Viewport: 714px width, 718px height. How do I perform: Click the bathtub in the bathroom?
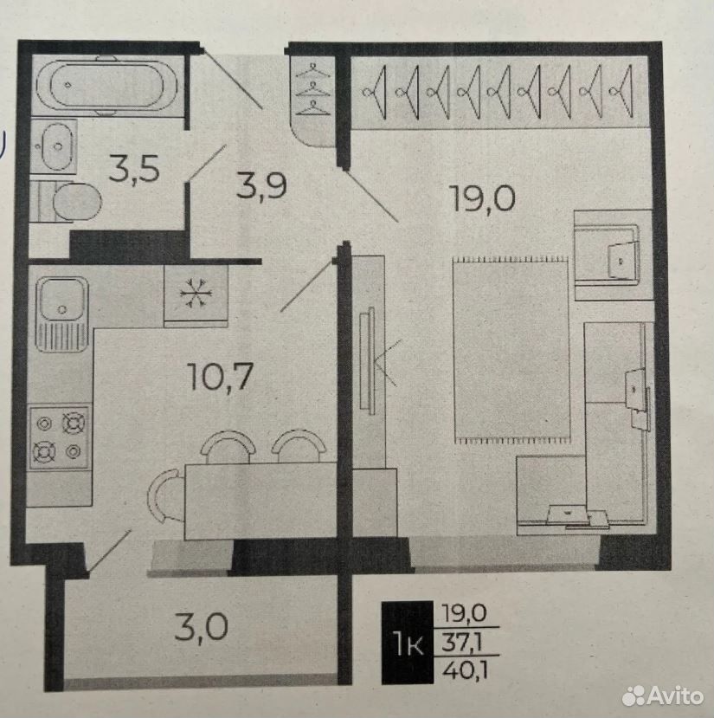click(106, 85)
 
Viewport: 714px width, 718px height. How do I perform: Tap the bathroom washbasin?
click(55, 146)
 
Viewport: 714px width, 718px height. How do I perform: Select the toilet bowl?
click(68, 202)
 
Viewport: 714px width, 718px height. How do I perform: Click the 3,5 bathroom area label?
click(134, 169)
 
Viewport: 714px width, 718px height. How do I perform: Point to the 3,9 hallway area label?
click(261, 185)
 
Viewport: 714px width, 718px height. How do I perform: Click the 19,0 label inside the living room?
click(483, 197)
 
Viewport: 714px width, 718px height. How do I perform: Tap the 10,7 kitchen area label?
click(220, 377)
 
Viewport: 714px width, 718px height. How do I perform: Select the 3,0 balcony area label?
click(202, 628)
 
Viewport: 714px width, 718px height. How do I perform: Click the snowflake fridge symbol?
click(196, 293)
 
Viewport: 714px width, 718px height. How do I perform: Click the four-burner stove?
click(59, 437)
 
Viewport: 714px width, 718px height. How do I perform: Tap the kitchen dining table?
click(261, 501)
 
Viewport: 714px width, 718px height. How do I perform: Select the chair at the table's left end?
click(163, 495)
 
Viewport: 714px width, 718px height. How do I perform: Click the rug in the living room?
click(511, 350)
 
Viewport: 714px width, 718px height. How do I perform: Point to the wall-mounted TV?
click(367, 360)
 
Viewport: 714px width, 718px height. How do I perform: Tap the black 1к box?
click(408, 643)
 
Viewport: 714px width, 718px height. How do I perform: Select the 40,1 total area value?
click(465, 670)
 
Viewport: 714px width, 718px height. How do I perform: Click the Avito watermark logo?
click(663, 696)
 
